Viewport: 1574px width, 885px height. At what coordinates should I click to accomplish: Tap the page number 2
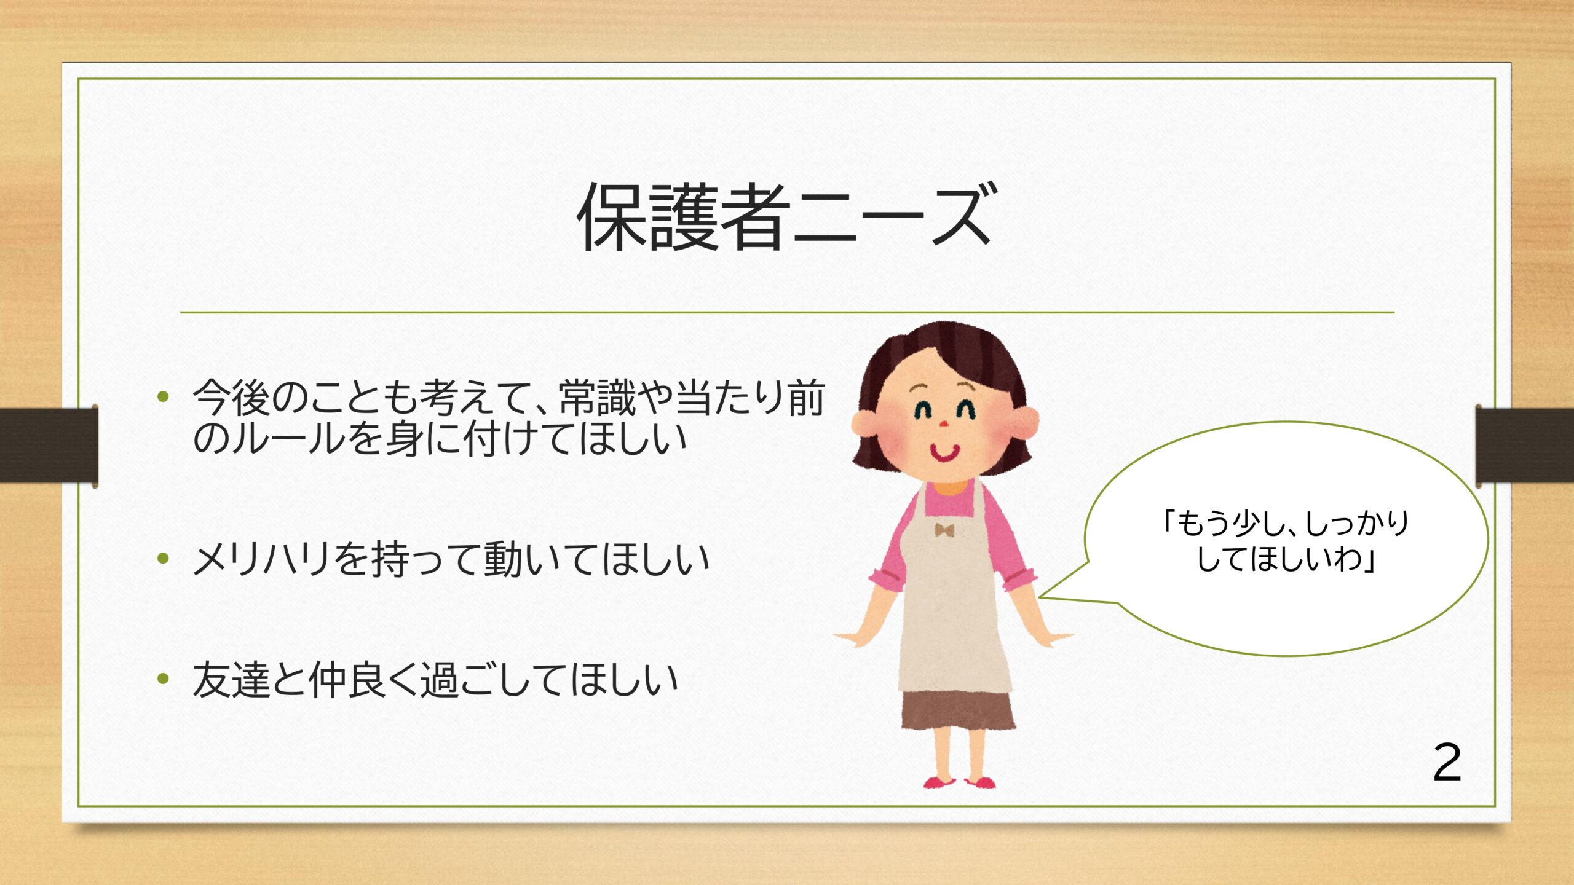(x=1447, y=762)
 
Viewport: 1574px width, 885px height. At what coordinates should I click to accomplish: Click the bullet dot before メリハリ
(x=163, y=559)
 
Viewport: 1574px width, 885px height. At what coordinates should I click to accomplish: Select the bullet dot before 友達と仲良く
(x=163, y=679)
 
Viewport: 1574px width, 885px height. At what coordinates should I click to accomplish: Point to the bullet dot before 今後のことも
(x=163, y=396)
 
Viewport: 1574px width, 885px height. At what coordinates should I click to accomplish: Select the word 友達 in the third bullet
(x=231, y=680)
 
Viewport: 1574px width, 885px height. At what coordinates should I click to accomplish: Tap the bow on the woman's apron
(x=944, y=529)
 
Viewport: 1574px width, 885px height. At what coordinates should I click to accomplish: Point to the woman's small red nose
(x=945, y=424)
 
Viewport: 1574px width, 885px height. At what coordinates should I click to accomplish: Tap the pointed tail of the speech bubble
(x=1039, y=596)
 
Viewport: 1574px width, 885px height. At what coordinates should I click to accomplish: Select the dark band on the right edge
(x=1525, y=445)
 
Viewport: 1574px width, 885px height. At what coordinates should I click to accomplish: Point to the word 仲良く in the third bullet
(x=363, y=680)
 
